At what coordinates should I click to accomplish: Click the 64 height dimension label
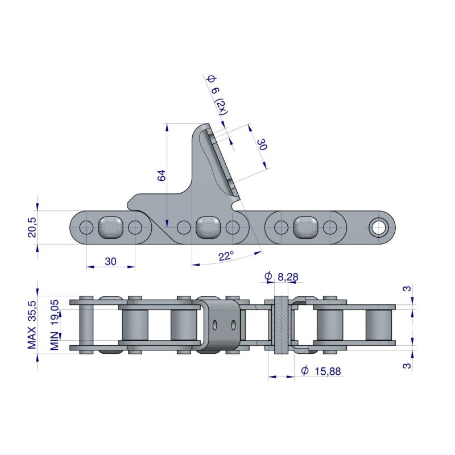click(x=162, y=175)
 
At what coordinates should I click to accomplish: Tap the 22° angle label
click(x=226, y=257)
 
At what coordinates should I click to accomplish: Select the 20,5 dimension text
click(x=32, y=227)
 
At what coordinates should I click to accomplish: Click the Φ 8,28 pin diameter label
click(x=282, y=276)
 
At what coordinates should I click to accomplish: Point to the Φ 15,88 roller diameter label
click(x=321, y=371)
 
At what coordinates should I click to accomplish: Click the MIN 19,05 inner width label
click(x=55, y=325)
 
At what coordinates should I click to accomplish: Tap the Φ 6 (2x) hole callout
click(x=218, y=94)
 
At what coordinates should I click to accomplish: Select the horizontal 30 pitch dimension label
click(x=110, y=262)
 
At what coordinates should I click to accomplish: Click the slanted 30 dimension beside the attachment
click(x=262, y=144)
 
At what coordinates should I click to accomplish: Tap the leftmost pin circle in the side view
click(x=86, y=227)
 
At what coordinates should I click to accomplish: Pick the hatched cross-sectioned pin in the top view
click(x=281, y=325)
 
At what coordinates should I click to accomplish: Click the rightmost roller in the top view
click(x=378, y=325)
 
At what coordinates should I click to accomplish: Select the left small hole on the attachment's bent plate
click(x=215, y=325)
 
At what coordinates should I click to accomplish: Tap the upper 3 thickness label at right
click(x=407, y=288)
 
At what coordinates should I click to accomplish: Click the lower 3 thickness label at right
click(x=407, y=365)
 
